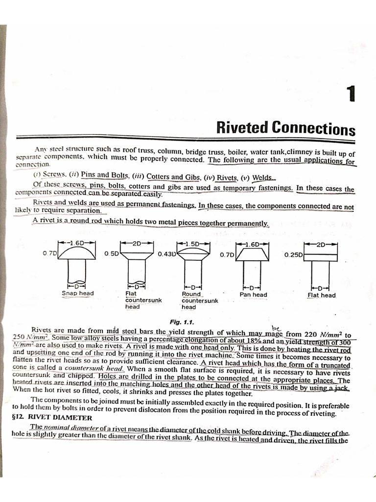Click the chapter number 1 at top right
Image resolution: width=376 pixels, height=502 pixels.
[350, 94]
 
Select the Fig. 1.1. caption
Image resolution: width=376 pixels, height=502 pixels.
[182, 322]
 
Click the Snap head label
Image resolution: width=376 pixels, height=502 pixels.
[77, 294]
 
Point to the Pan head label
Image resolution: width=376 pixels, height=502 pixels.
[253, 295]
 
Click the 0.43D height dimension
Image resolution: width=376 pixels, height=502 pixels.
[166, 254]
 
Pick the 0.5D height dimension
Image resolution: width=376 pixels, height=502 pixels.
[112, 254]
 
